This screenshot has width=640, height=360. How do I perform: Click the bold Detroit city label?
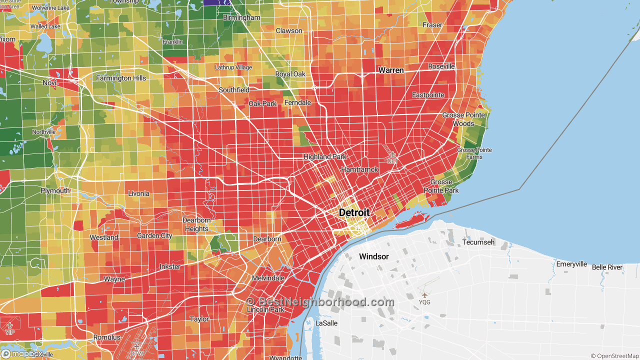click(x=354, y=212)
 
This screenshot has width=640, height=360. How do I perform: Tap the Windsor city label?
click(x=373, y=256)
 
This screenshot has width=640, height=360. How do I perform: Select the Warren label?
click(x=390, y=70)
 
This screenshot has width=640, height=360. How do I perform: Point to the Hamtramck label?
click(x=359, y=170)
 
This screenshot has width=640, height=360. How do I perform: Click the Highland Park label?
click(x=324, y=156)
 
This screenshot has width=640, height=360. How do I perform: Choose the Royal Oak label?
click(x=290, y=74)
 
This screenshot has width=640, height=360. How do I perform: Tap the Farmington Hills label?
click(x=121, y=78)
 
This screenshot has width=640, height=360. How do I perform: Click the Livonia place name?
click(x=138, y=193)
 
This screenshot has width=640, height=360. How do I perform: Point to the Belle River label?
click(x=607, y=267)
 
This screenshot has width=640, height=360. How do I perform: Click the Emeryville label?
click(x=571, y=264)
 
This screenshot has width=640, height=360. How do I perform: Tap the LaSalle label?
click(x=326, y=323)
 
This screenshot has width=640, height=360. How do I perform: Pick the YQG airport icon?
click(x=424, y=295)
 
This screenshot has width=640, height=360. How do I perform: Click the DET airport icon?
click(x=392, y=155)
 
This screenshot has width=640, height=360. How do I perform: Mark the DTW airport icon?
click(x=137, y=346)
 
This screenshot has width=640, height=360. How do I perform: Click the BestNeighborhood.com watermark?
click(x=320, y=302)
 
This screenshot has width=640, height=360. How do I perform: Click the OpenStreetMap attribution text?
click(x=614, y=356)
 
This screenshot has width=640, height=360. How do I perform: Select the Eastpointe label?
click(x=428, y=95)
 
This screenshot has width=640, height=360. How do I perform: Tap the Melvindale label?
click(x=268, y=278)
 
